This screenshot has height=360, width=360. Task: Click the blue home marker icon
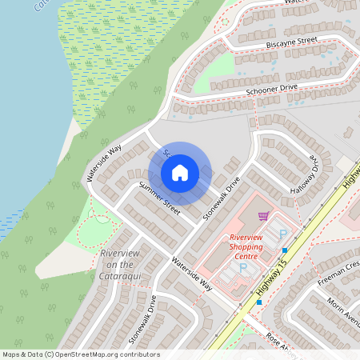(179, 173)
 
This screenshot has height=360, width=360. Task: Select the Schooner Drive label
(254, 90)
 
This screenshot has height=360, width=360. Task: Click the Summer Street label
(160, 198)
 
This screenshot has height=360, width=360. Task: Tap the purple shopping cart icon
(263, 216)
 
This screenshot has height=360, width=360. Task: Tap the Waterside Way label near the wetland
(104, 161)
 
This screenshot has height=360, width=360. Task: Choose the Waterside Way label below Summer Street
(190, 273)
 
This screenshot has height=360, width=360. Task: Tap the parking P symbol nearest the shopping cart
(282, 234)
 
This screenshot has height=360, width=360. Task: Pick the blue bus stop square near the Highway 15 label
(259, 302)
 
